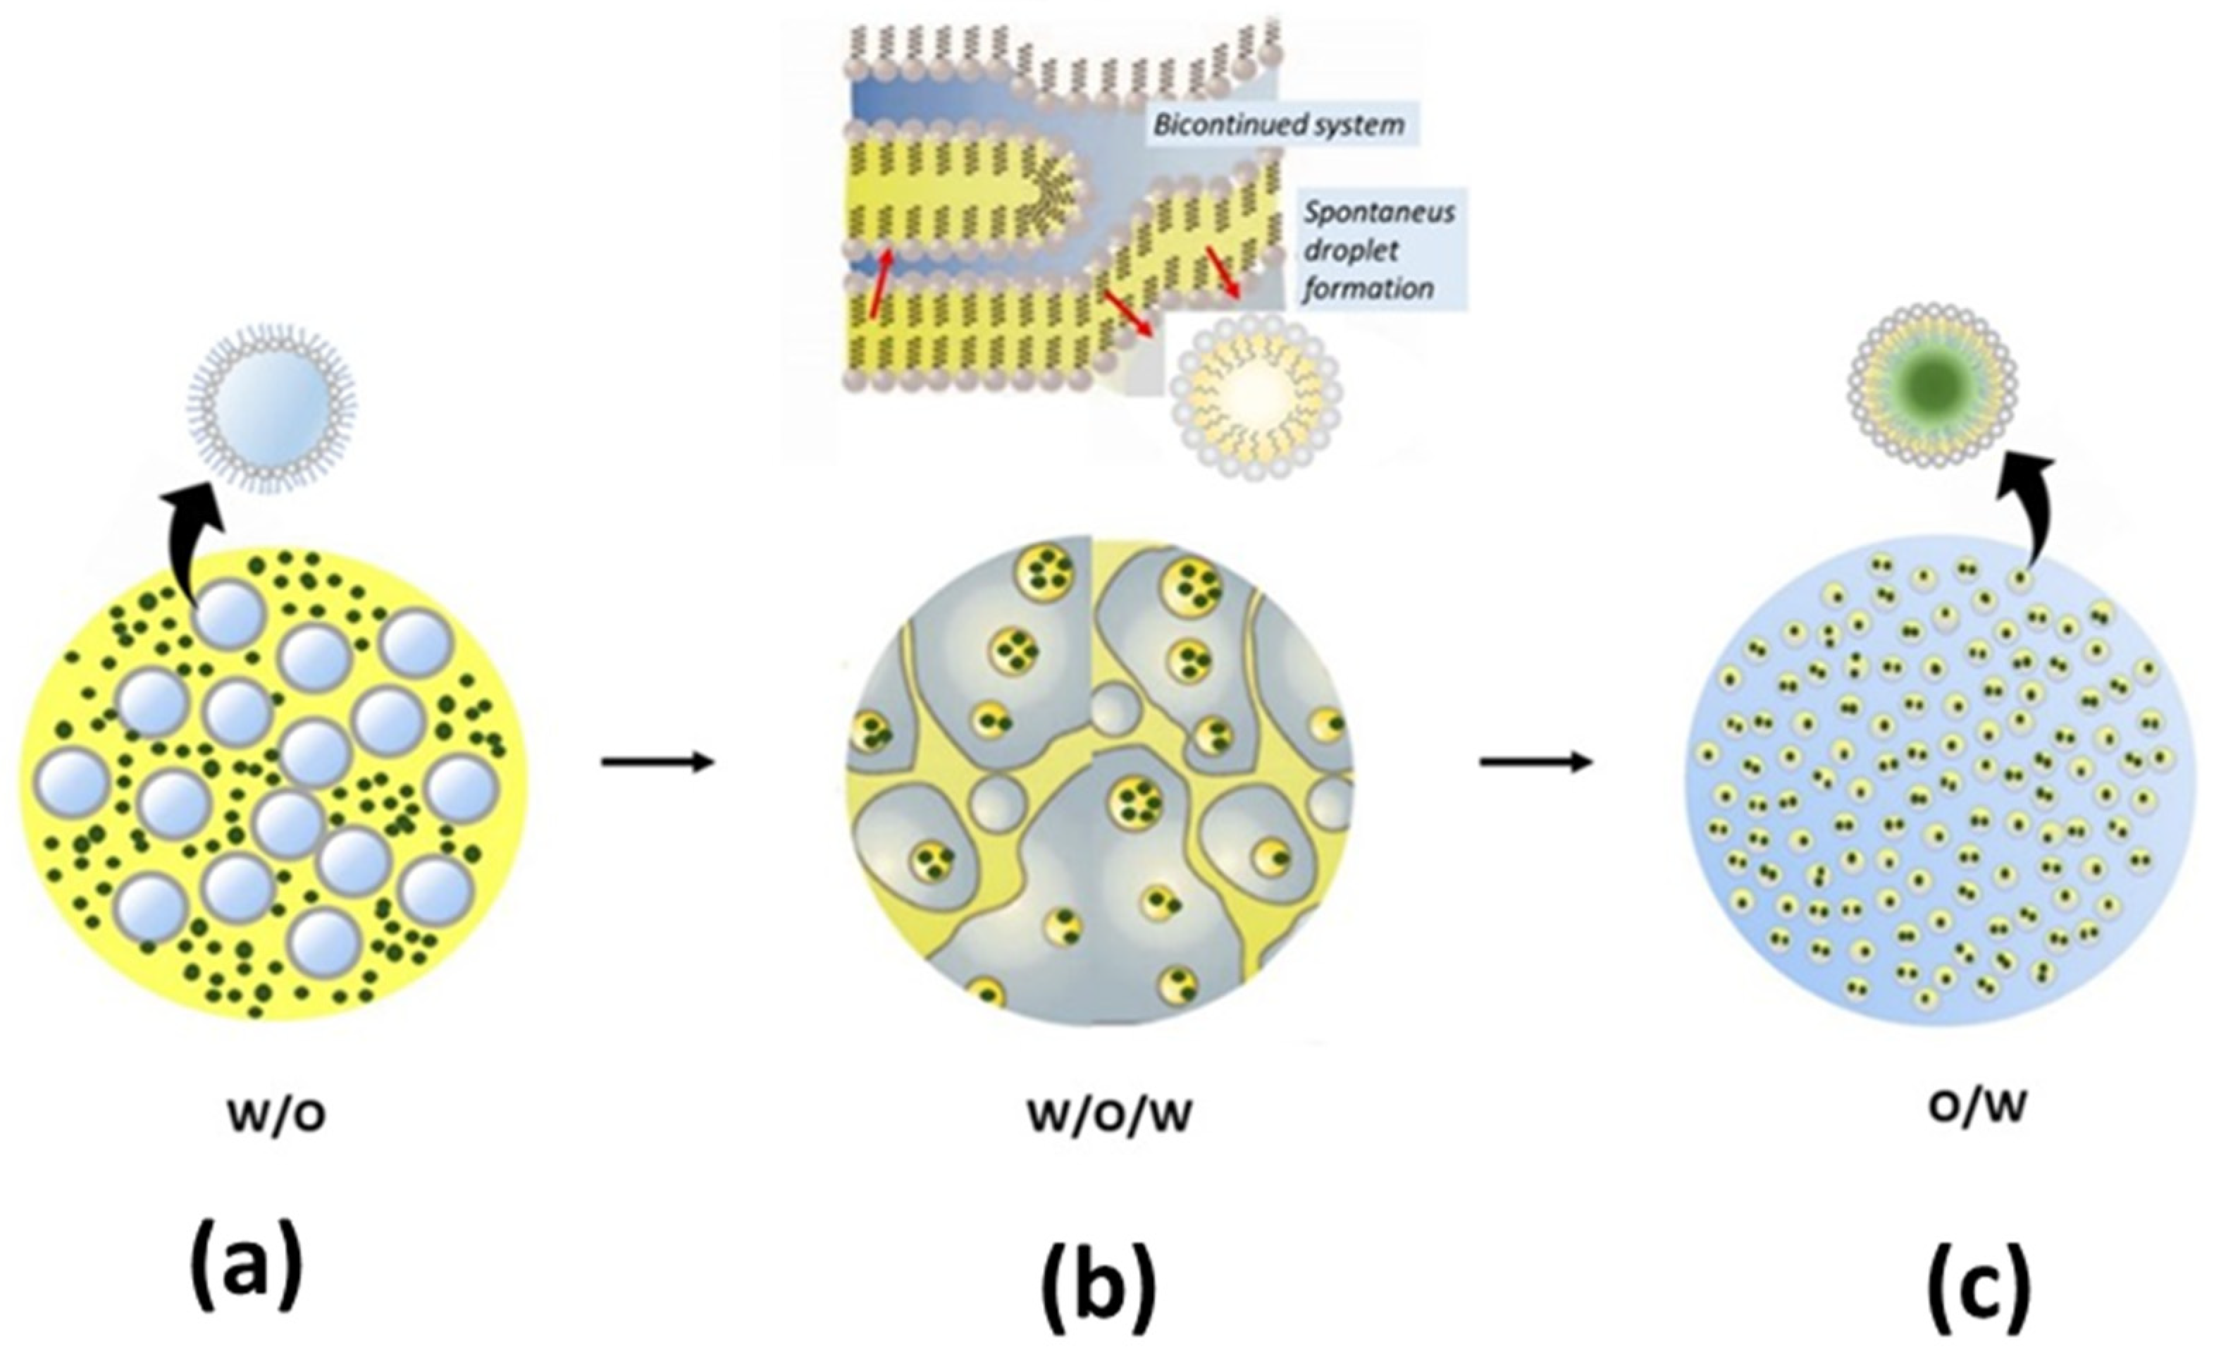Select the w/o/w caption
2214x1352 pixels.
pos(1110,1114)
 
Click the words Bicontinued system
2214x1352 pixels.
pos(1279,124)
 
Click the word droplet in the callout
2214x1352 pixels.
pos(1351,251)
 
